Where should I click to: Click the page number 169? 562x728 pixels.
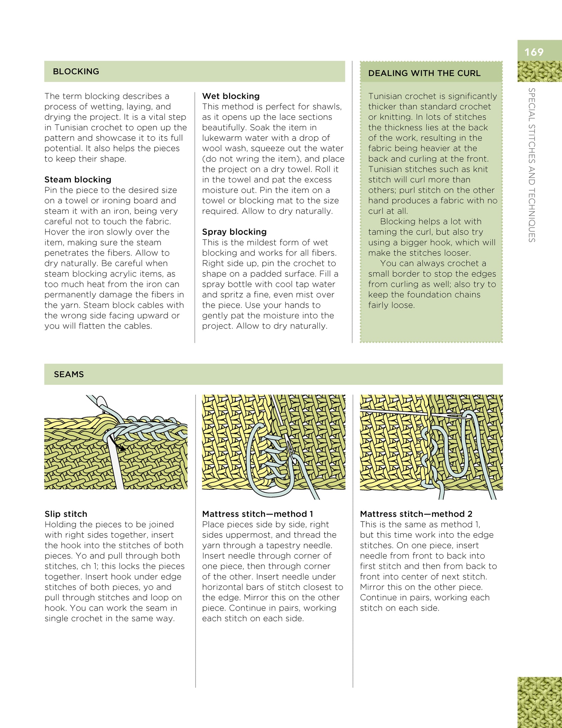[x=534, y=52]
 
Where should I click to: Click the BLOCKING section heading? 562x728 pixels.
[x=76, y=71]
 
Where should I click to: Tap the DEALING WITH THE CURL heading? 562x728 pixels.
[x=424, y=73]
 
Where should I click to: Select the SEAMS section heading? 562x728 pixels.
[x=69, y=374]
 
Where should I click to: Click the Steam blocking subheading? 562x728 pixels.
[x=78, y=179]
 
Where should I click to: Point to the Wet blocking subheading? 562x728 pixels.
[x=231, y=96]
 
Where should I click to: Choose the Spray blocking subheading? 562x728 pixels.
[x=234, y=232]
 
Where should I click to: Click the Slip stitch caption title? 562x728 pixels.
[x=66, y=514]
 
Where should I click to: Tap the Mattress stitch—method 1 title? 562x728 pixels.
[x=258, y=514]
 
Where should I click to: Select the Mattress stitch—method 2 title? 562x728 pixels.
[x=416, y=514]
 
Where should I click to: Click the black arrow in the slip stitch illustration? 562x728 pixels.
[x=120, y=446]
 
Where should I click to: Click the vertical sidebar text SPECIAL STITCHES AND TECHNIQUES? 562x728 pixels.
[x=531, y=165]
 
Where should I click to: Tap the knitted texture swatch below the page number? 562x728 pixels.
[x=539, y=71]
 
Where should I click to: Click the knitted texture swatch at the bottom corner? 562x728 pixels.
[x=539, y=702]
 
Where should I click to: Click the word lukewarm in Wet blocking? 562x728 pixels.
[x=221, y=138]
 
